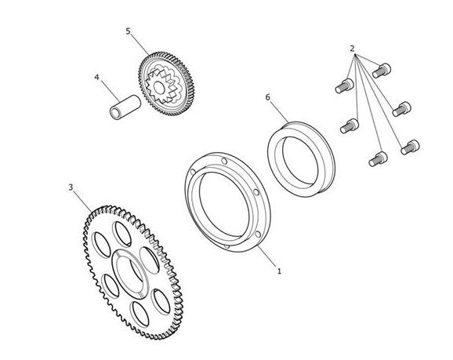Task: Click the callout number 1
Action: tap(279, 271)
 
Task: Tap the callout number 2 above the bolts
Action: tap(352, 49)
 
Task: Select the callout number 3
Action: tap(71, 187)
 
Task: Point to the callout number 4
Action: tap(96, 77)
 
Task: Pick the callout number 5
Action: tap(129, 31)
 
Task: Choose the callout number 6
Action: tap(268, 97)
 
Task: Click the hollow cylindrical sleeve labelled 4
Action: tap(125, 107)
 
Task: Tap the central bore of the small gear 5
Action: tap(159, 88)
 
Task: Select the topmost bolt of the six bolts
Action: tap(382, 71)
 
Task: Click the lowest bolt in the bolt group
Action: tap(378, 158)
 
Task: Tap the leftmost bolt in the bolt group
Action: tap(344, 85)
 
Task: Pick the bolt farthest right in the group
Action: tap(410, 147)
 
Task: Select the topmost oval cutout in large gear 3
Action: tap(122, 235)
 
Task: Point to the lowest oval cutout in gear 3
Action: tap(140, 315)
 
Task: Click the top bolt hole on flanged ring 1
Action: tap(224, 161)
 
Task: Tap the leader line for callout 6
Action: tap(279, 111)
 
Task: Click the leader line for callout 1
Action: tap(267, 256)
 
